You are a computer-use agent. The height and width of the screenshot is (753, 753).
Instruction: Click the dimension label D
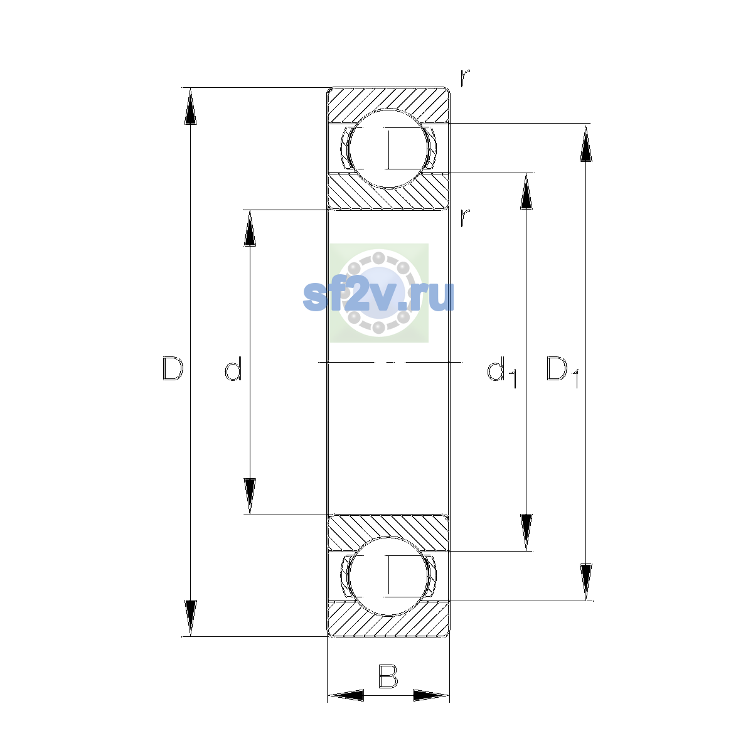point(173,368)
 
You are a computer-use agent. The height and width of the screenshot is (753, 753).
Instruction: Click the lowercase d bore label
point(233,368)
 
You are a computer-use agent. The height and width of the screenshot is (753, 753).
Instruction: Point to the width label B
point(388,677)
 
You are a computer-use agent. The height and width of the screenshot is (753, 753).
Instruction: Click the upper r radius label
point(464,78)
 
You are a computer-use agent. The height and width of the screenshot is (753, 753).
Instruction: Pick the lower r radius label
point(464,218)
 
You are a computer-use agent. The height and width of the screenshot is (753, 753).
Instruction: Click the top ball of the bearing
point(388,149)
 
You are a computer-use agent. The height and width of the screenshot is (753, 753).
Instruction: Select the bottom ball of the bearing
point(388,577)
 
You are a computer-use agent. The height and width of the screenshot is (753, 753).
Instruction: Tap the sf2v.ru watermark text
point(378,296)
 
